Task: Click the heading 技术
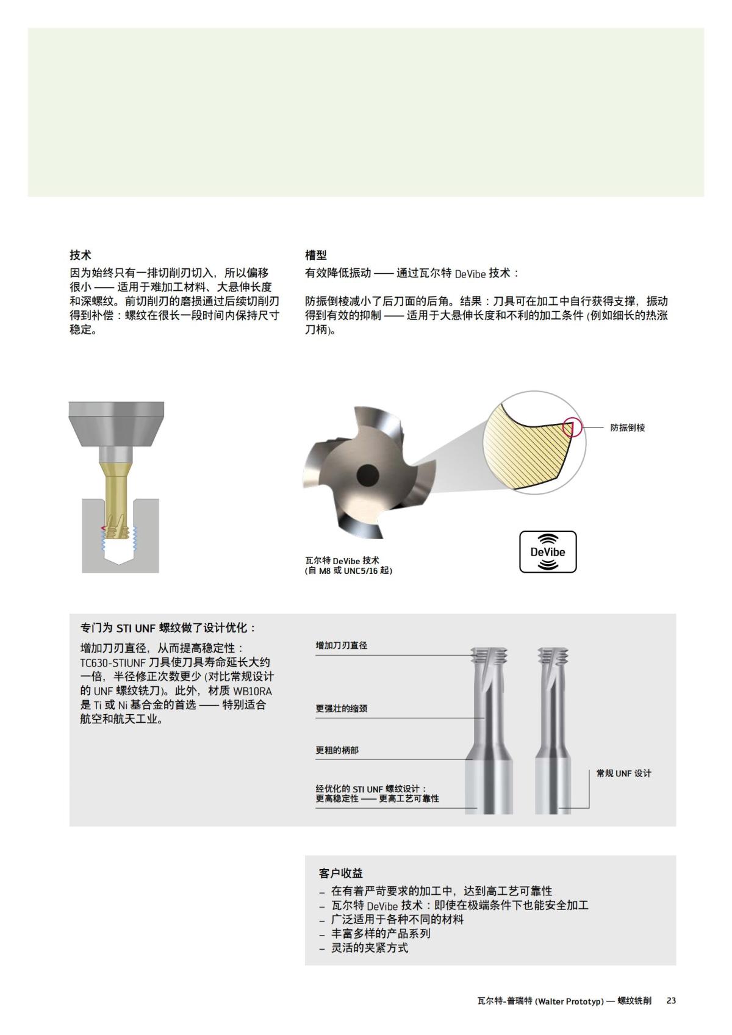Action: pyautogui.click(x=81, y=255)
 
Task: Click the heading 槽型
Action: pyautogui.click(x=316, y=255)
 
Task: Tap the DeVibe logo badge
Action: pyautogui.click(x=547, y=552)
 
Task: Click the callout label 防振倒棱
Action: pyautogui.click(x=627, y=428)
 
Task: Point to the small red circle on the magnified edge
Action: pyautogui.click(x=572, y=426)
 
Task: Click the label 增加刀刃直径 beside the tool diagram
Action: pyautogui.click(x=341, y=645)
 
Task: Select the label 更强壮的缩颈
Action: pyautogui.click(x=341, y=709)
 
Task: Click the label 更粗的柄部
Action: pyautogui.click(x=337, y=750)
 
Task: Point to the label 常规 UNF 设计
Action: pyautogui.click(x=623, y=773)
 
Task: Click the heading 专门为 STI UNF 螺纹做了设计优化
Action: pyautogui.click(x=168, y=628)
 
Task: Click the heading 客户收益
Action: pyautogui.click(x=340, y=873)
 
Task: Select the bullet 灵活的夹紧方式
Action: pyautogui.click(x=369, y=948)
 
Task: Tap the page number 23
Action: pyautogui.click(x=671, y=1001)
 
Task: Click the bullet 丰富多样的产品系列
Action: pyautogui.click(x=381, y=933)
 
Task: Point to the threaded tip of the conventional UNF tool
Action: pyautogui.click(x=553, y=657)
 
